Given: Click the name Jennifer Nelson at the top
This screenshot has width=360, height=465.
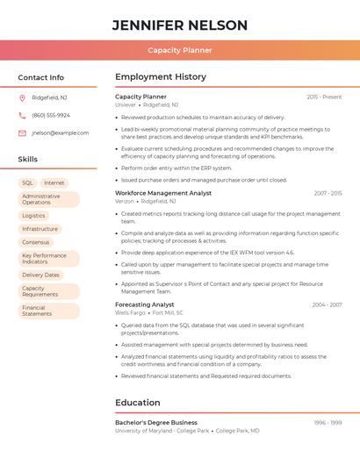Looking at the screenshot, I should (x=180, y=25).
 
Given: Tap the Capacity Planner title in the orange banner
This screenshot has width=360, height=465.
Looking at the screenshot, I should (x=180, y=50).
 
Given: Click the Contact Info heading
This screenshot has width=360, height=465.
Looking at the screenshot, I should (x=41, y=77).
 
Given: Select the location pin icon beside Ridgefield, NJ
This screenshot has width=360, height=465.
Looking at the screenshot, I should (x=22, y=97).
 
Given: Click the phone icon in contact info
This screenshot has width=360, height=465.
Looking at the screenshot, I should (x=22, y=115).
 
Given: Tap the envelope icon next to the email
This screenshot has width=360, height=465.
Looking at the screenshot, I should (x=22, y=133).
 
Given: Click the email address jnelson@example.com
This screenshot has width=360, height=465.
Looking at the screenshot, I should (x=61, y=133).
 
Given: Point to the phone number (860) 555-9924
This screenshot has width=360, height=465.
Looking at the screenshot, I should (x=51, y=115).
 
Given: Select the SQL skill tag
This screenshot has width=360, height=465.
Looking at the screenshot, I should (x=28, y=183).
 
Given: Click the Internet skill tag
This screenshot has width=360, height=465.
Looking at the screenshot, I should (x=54, y=183).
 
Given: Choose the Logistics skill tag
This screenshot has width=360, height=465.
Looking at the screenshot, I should (x=33, y=215).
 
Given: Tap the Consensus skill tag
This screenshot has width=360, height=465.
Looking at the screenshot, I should (x=36, y=242).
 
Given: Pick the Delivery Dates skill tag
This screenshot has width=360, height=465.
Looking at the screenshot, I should (x=40, y=275).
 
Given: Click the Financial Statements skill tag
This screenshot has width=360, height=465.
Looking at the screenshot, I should (x=38, y=311).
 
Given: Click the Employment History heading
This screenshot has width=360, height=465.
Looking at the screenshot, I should (x=161, y=77).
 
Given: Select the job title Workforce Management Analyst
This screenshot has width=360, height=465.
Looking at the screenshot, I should (x=163, y=193).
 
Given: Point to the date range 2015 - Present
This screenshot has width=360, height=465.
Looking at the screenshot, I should (x=324, y=97).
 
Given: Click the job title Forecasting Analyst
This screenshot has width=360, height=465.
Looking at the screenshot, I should (x=145, y=304).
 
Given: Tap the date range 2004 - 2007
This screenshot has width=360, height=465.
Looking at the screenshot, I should (x=327, y=304).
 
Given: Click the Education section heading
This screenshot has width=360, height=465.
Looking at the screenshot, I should (x=138, y=403).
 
